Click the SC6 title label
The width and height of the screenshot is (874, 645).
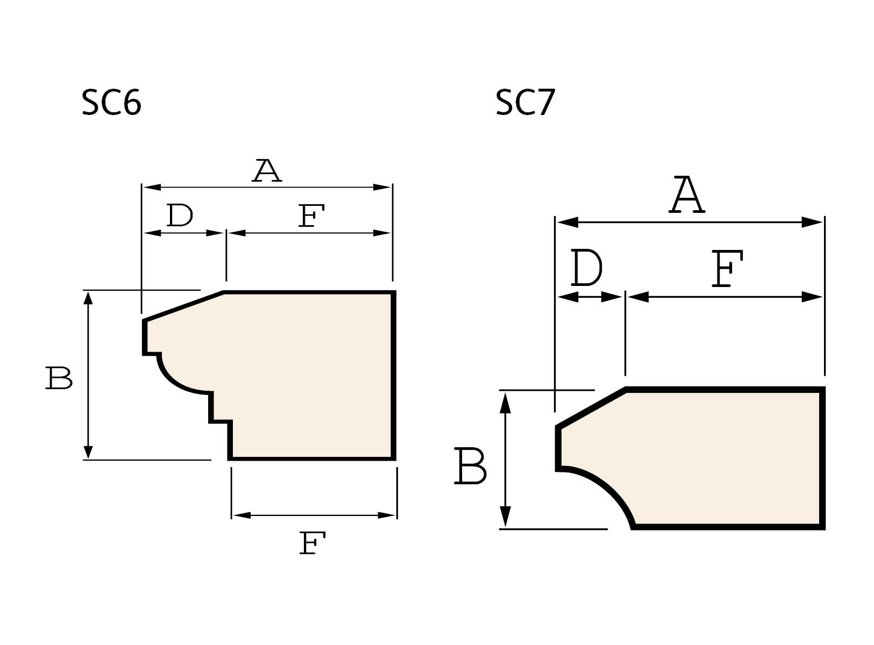[x=111, y=102]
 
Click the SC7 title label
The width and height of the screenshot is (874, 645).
[x=524, y=102]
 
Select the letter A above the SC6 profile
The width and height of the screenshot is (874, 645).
[x=267, y=170]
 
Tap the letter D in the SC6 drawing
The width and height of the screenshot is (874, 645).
[x=180, y=216]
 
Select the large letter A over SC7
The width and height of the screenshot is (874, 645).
[x=687, y=195]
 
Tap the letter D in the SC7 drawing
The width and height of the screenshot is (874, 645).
[x=586, y=268]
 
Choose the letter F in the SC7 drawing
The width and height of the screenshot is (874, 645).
[x=727, y=268]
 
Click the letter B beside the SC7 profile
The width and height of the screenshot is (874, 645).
[x=470, y=466]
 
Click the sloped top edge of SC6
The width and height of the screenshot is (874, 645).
[x=183, y=306]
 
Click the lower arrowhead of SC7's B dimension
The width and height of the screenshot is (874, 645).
[x=504, y=519]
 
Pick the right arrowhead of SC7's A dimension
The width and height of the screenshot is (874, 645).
[x=813, y=222]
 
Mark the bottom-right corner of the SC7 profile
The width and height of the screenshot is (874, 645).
[x=822, y=527]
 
